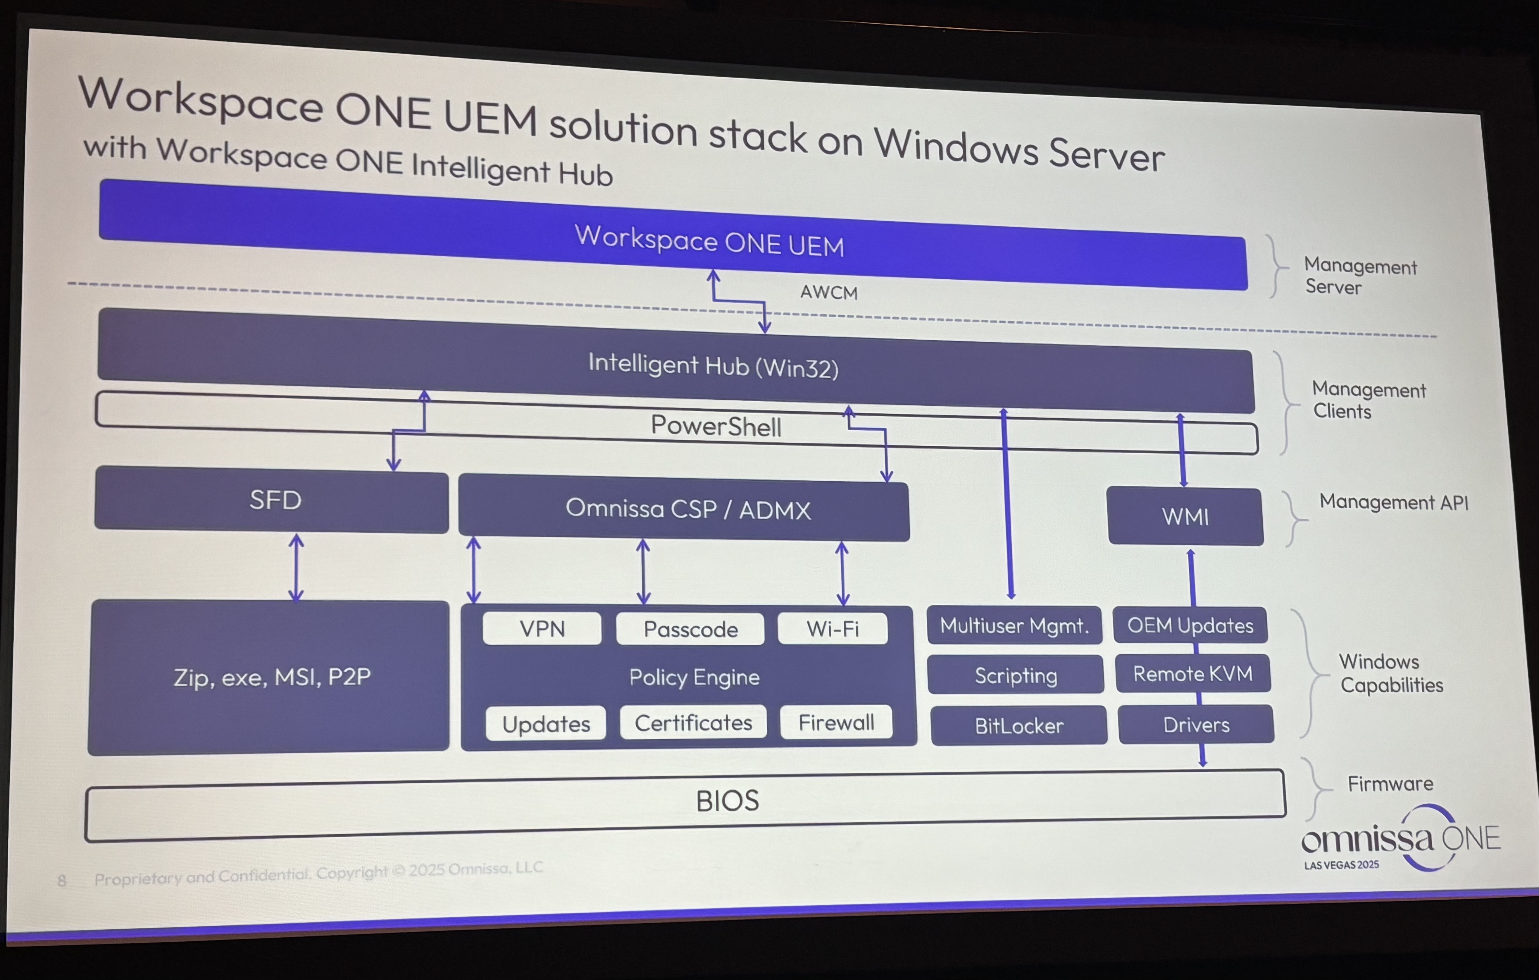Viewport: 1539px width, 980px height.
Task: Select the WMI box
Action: coord(1185,517)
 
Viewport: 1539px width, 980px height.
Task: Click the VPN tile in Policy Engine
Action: coord(542,629)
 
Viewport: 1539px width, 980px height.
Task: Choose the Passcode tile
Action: coord(690,630)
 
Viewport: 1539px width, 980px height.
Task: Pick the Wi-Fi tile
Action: coord(832,629)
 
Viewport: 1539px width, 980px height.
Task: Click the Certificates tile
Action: coord(693,723)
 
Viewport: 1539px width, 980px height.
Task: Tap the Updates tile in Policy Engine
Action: coord(546,724)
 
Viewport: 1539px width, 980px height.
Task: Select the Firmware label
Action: coord(1390,784)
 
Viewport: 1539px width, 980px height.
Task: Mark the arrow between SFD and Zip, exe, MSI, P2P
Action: coord(296,568)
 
